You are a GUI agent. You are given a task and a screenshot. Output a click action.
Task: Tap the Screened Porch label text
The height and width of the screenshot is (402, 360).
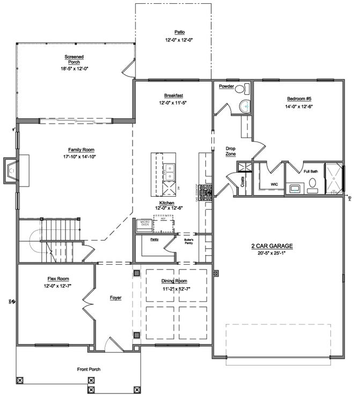[74, 59]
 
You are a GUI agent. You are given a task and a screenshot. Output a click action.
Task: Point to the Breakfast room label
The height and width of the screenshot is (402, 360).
[172, 94]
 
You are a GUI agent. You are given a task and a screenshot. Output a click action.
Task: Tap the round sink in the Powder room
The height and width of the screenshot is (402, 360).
[245, 106]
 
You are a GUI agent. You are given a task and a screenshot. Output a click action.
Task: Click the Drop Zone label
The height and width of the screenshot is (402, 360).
[231, 151]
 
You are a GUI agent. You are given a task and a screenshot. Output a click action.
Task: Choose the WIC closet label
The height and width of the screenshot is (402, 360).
[274, 184]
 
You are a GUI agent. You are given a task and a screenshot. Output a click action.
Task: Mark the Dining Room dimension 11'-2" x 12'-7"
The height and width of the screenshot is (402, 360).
[175, 289]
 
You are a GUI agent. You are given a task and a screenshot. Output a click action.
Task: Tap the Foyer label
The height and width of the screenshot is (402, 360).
[116, 298]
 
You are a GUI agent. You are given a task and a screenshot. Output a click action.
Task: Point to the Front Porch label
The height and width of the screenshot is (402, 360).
[89, 369]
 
